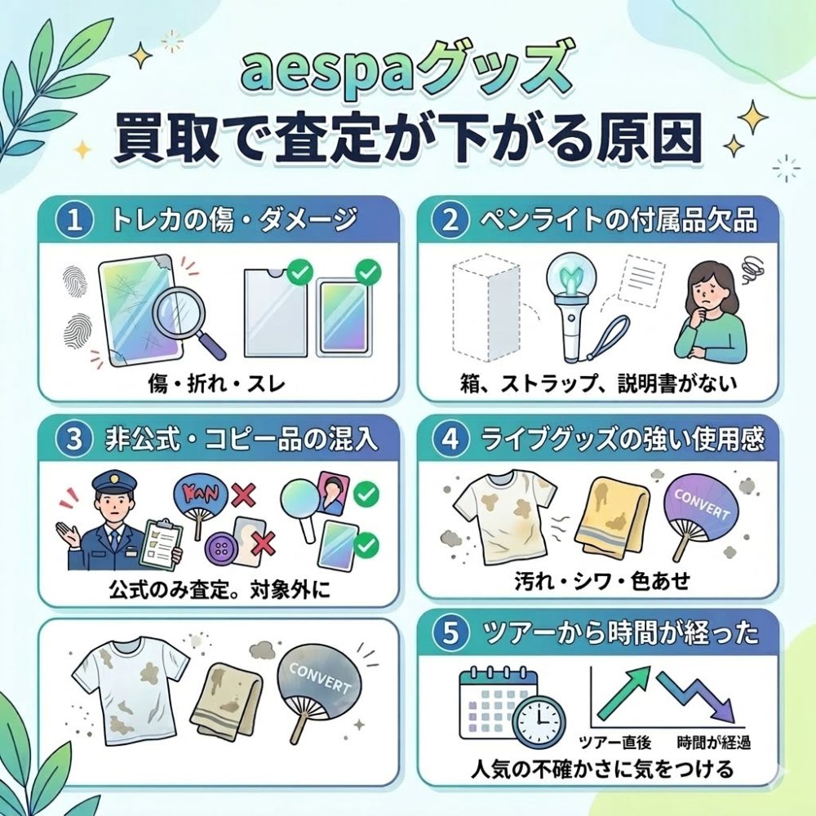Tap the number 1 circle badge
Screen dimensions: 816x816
[74, 220]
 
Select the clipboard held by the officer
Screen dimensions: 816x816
[162, 543]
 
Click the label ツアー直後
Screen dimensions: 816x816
[615, 742]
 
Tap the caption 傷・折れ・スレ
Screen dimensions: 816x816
[216, 384]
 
